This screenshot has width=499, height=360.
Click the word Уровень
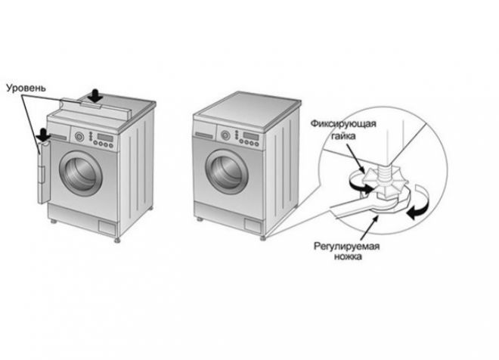point(26,88)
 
